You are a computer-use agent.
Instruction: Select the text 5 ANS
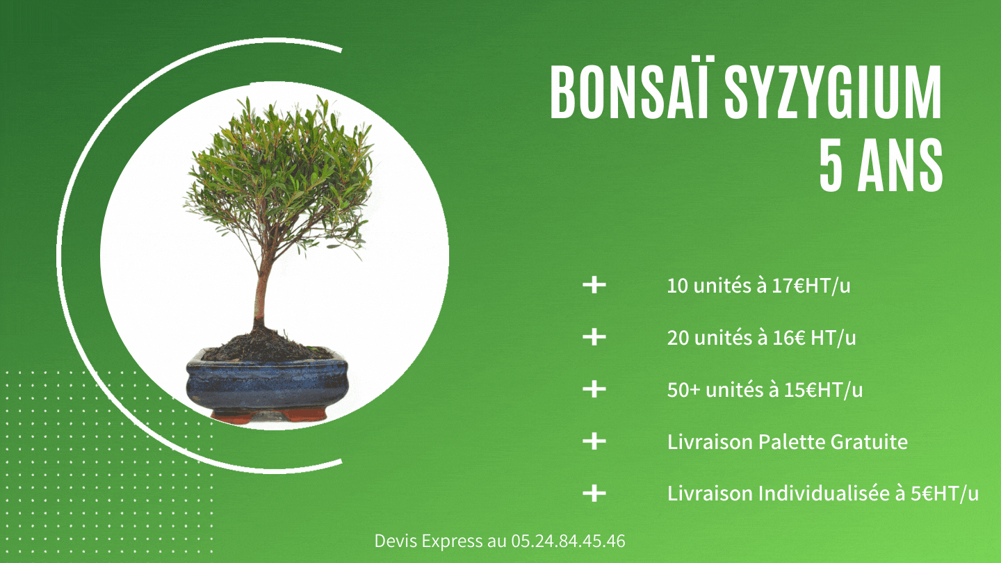coord(881,165)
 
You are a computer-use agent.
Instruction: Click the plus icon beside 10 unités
coord(594,285)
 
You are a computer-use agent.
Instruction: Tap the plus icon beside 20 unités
coord(594,337)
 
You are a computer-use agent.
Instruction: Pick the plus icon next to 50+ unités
coord(594,389)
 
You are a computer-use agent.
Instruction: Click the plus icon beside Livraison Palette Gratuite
coord(594,441)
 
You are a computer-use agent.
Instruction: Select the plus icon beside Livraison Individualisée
coord(594,493)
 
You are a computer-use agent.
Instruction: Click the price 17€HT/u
coord(811,286)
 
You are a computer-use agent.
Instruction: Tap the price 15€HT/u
coord(823,390)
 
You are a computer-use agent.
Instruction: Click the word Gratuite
coord(869,442)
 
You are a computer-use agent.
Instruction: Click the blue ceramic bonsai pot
coord(267,384)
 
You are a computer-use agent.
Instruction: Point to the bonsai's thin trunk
coord(261,286)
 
